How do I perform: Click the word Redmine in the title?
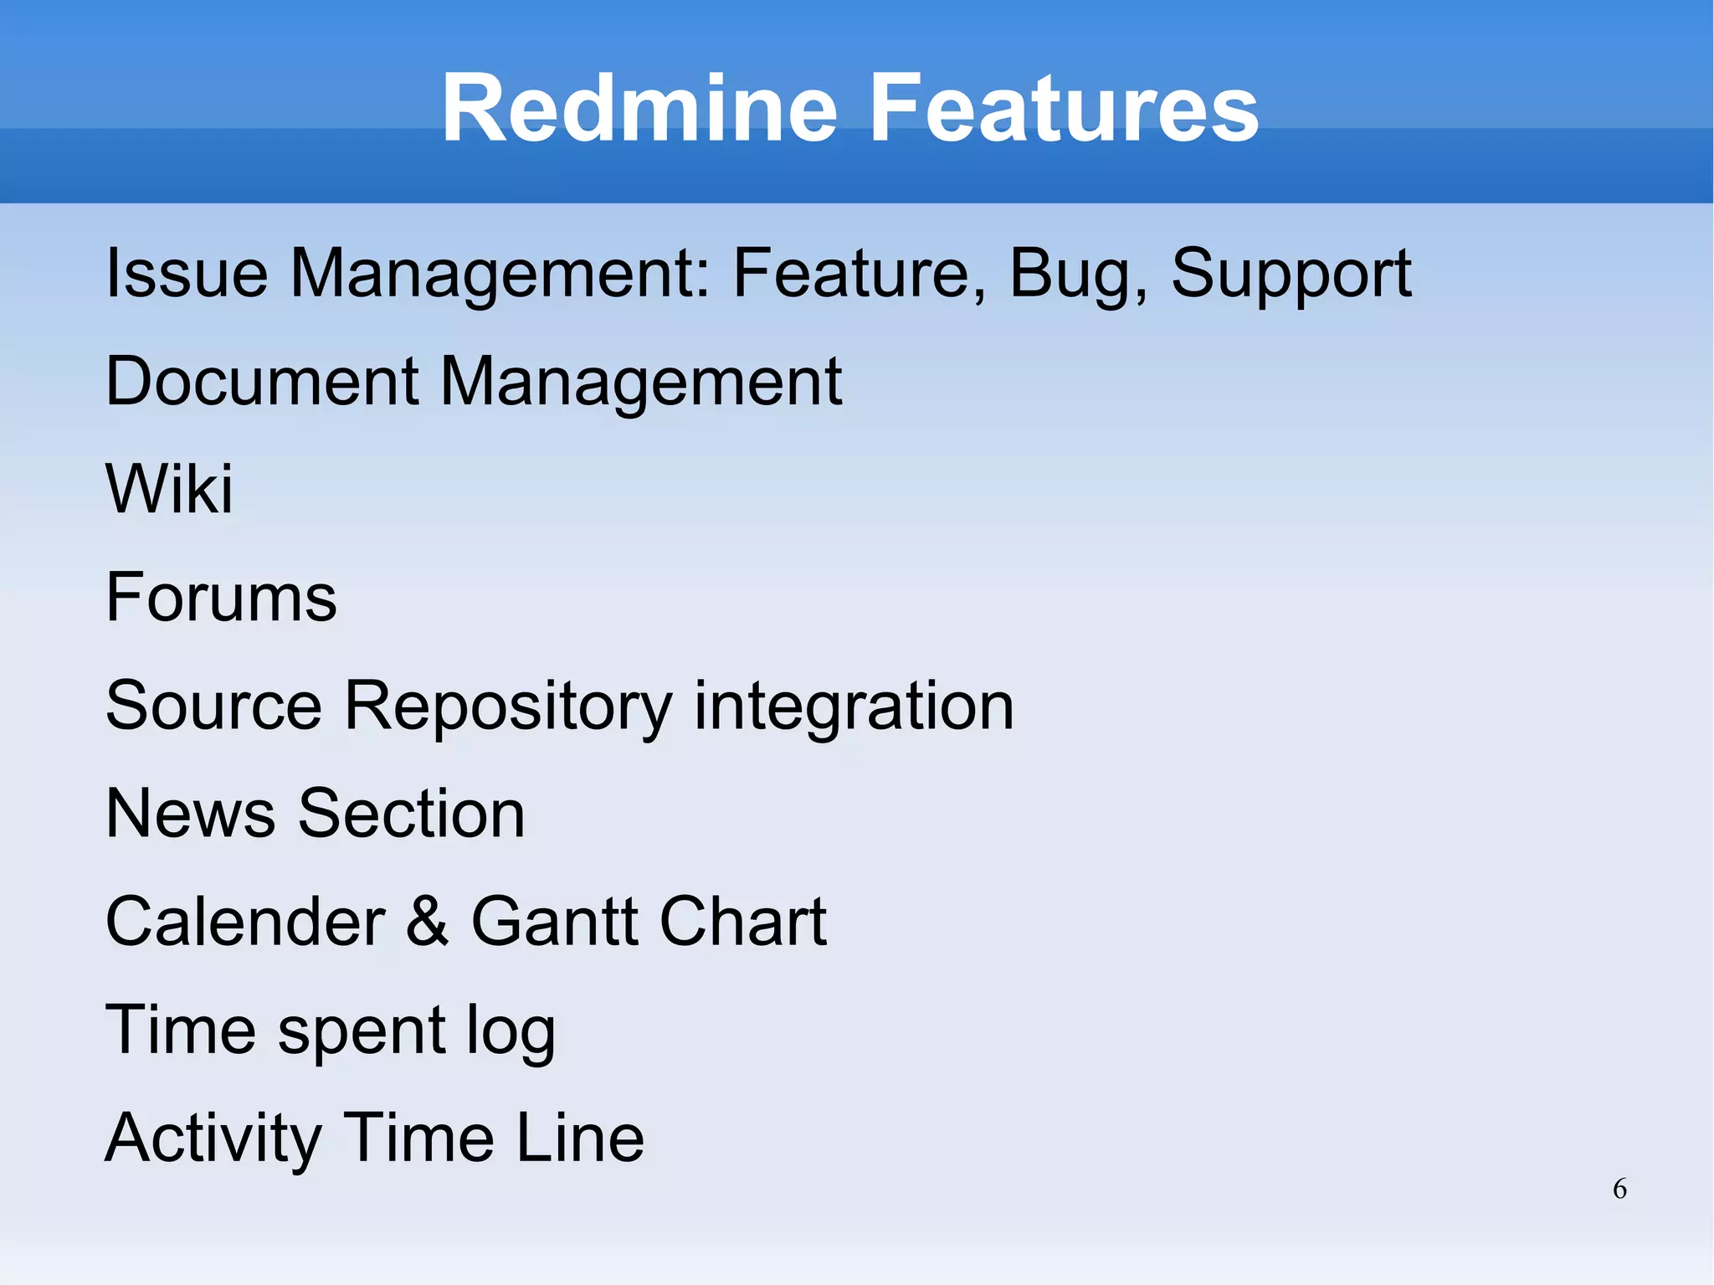point(639,108)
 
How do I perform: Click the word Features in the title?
point(1064,108)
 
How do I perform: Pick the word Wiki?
point(169,489)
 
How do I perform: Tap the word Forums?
point(221,598)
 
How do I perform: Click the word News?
point(190,814)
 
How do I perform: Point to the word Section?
point(412,814)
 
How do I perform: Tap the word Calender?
point(245,922)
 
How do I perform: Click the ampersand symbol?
point(428,922)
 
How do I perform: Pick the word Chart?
point(742,922)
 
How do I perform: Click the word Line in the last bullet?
point(579,1138)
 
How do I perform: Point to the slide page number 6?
point(1619,1189)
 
